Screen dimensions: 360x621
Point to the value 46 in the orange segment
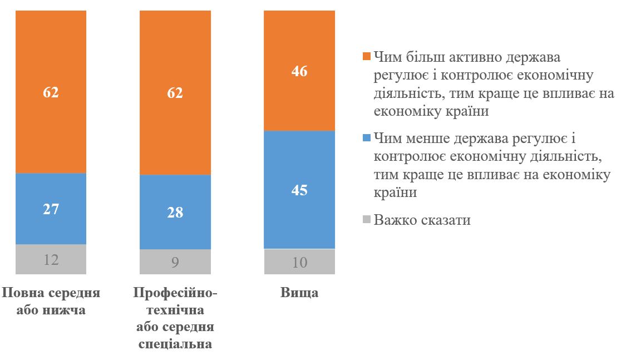(x=299, y=72)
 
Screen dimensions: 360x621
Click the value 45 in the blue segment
(x=299, y=190)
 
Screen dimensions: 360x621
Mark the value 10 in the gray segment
(x=299, y=262)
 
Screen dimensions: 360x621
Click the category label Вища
(x=299, y=293)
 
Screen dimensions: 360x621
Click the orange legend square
(x=366, y=57)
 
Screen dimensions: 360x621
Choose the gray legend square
(x=366, y=220)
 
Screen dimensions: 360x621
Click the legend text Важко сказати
(x=422, y=220)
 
